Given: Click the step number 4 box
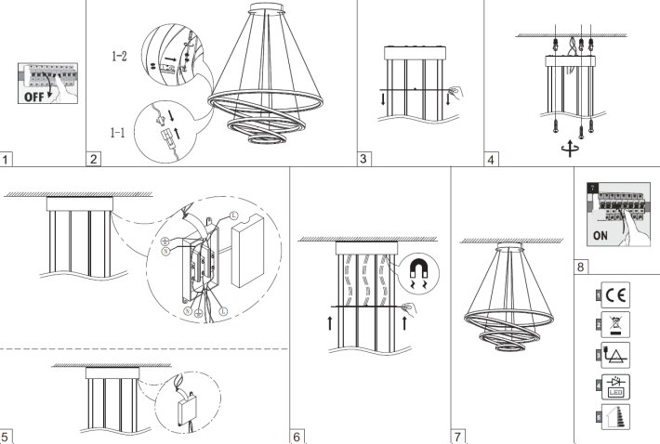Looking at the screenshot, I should pos(492,159).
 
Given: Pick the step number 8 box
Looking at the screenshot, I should pos(581,265).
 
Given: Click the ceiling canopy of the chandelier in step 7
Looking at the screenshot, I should pos(509,248).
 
